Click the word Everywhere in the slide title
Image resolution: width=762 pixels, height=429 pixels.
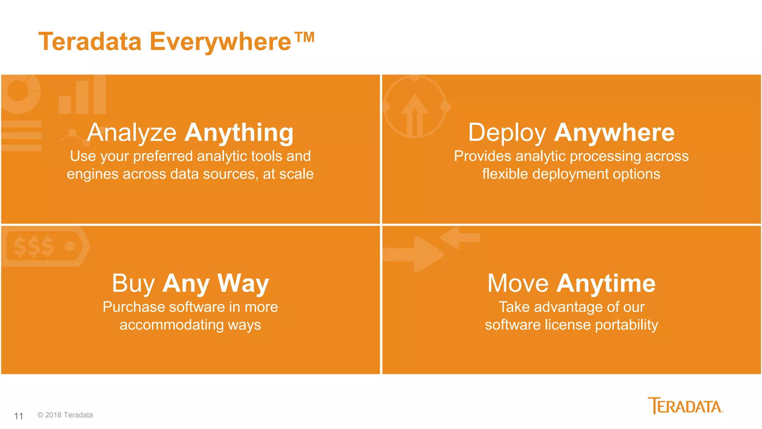click(x=220, y=42)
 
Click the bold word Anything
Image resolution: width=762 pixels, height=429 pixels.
click(x=239, y=133)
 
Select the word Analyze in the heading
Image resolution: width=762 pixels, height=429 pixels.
click(x=132, y=133)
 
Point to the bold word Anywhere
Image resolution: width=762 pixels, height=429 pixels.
click(x=614, y=133)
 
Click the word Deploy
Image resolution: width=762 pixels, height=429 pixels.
click(x=507, y=133)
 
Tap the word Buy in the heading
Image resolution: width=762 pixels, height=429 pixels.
click(x=134, y=284)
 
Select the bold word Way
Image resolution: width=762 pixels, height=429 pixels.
click(x=243, y=284)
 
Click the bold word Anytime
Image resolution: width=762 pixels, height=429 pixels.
click(x=606, y=284)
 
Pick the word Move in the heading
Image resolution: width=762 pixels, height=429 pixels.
click(x=518, y=284)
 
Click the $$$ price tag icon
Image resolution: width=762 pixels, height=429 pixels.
click(x=45, y=246)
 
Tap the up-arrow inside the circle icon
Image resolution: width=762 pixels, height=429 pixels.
click(x=414, y=114)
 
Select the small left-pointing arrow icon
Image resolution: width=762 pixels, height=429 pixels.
click(x=460, y=238)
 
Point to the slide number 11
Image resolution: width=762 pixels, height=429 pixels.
click(x=19, y=416)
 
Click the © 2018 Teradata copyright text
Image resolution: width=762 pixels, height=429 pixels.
click(x=65, y=415)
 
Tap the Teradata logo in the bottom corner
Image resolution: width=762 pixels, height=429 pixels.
click(x=685, y=406)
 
